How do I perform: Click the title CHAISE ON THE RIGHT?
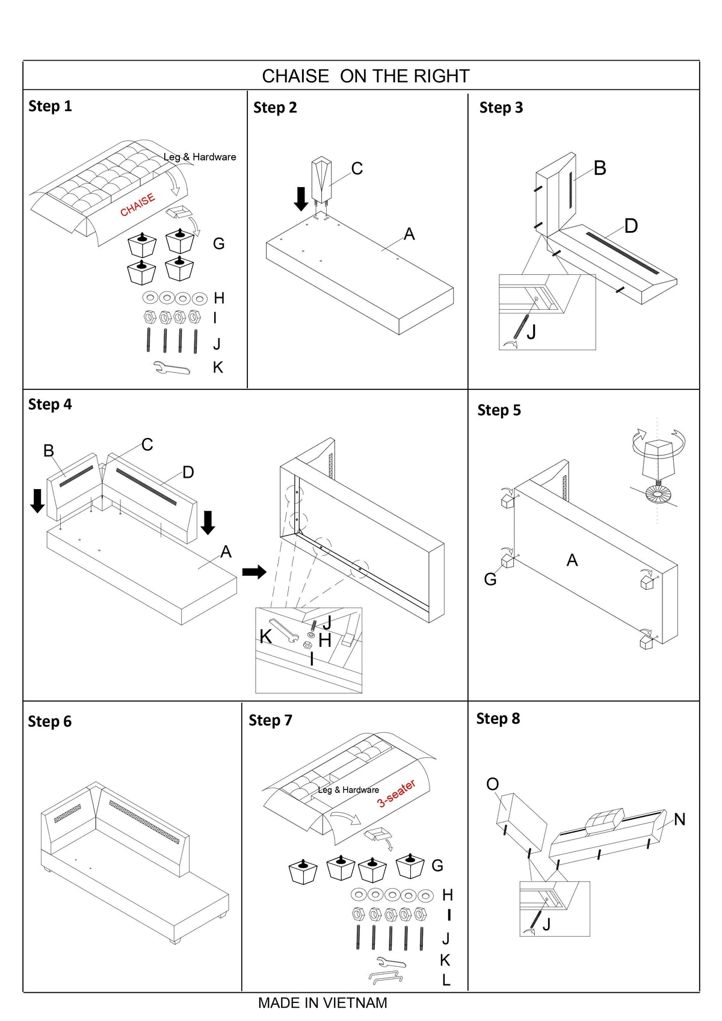click(366, 76)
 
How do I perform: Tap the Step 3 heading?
click(501, 108)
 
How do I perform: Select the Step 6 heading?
click(50, 721)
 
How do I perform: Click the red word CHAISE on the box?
click(138, 205)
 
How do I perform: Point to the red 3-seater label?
click(396, 794)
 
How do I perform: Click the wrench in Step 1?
click(171, 368)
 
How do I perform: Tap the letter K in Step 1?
click(218, 368)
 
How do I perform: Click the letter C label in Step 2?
click(357, 168)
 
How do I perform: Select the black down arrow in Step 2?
click(301, 199)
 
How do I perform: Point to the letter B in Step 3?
click(600, 168)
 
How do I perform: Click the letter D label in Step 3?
click(631, 226)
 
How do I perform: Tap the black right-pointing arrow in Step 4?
click(255, 572)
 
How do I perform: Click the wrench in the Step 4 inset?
click(283, 631)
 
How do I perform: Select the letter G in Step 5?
click(490, 579)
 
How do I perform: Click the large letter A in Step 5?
click(572, 560)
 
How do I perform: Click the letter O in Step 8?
click(493, 784)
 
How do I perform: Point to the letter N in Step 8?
click(680, 819)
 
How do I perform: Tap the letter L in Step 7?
click(446, 979)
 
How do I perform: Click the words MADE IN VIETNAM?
click(322, 1003)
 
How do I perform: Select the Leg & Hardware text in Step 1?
click(200, 157)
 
